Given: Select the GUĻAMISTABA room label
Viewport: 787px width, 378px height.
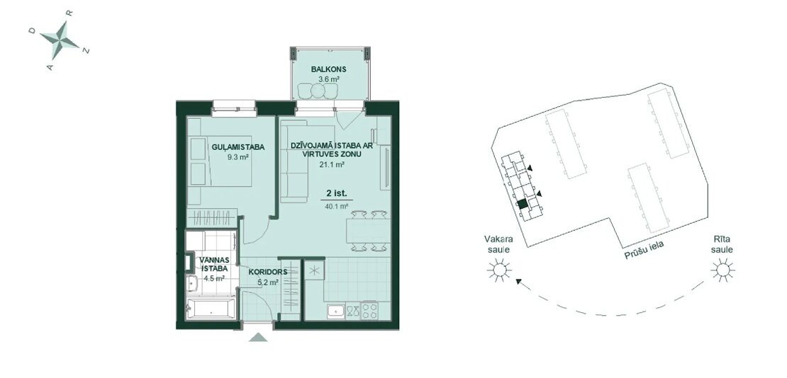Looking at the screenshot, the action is point(238,147).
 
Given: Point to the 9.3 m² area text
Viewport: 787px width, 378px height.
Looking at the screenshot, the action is point(238,157).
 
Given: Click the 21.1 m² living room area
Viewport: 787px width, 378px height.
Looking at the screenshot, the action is point(333,164).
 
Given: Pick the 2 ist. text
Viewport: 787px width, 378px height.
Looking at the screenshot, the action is point(336,193).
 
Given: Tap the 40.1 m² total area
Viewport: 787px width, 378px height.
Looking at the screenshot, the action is point(336,205).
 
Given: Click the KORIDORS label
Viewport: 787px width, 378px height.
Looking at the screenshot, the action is point(268,273).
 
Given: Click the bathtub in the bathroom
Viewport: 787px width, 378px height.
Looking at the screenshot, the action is point(210,309).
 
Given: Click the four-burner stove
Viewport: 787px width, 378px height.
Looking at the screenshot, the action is point(369,310).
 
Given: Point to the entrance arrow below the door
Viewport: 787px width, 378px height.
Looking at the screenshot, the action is point(259,338).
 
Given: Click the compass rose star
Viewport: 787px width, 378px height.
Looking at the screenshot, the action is point(60,40).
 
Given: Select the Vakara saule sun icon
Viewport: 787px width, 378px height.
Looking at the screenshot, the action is point(499,270).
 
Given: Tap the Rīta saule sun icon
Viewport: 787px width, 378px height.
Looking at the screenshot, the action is point(722,270).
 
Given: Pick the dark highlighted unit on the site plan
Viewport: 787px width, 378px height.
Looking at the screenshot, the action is point(523,204).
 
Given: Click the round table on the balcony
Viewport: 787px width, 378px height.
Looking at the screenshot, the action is point(317,91).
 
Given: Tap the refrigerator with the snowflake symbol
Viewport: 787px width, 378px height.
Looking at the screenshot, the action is point(314,270).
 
